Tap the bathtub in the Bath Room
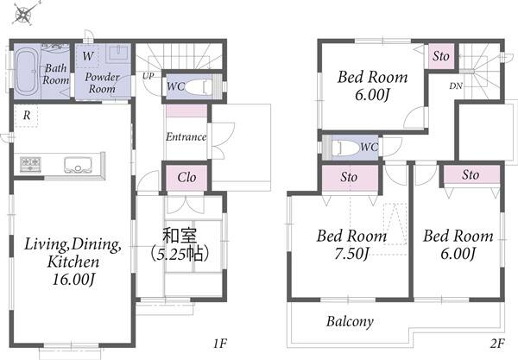point(28,72)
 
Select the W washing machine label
point(88,56)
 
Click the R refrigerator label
point(27,115)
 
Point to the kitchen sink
point(78,165)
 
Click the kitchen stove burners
point(30,164)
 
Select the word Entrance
point(186,136)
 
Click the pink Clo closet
point(186,178)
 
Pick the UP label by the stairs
point(148,76)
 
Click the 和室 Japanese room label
point(180,236)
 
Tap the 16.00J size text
point(73,280)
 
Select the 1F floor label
point(220,344)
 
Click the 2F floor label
point(497,344)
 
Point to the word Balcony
point(350,321)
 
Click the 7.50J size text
point(351,254)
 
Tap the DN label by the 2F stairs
point(456,85)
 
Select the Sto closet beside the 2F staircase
point(441,56)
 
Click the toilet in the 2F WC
point(344,148)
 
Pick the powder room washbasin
point(117,54)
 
